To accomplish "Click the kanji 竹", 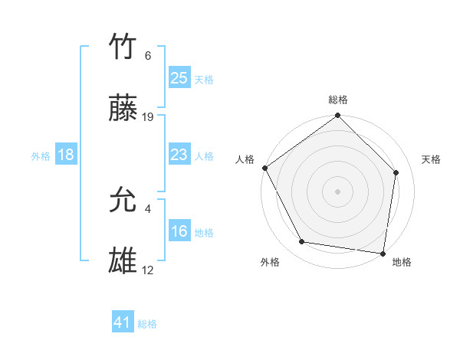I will tap(123, 48).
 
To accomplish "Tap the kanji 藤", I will tap(123, 110).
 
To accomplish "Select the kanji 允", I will tap(123, 201).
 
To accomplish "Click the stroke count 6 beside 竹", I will tap(147, 56).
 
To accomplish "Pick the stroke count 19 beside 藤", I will tap(148, 117).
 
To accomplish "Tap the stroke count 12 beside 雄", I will tap(148, 270).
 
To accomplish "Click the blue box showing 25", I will tap(179, 77).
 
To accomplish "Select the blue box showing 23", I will tap(179, 155).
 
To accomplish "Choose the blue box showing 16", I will tap(179, 231).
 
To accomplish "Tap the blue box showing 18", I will tap(66, 155).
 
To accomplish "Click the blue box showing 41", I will tap(123, 322).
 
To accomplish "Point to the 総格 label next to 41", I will tap(147, 324).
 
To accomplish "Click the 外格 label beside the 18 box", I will tap(41, 156).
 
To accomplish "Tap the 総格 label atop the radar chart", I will tap(338, 100).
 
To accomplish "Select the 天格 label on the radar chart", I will tap(432, 159).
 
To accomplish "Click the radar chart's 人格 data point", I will tap(264, 168).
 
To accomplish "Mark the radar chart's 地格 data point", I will tap(383, 253).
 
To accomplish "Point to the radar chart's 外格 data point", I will tap(302, 242).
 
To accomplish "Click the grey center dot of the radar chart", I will tap(338, 191).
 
